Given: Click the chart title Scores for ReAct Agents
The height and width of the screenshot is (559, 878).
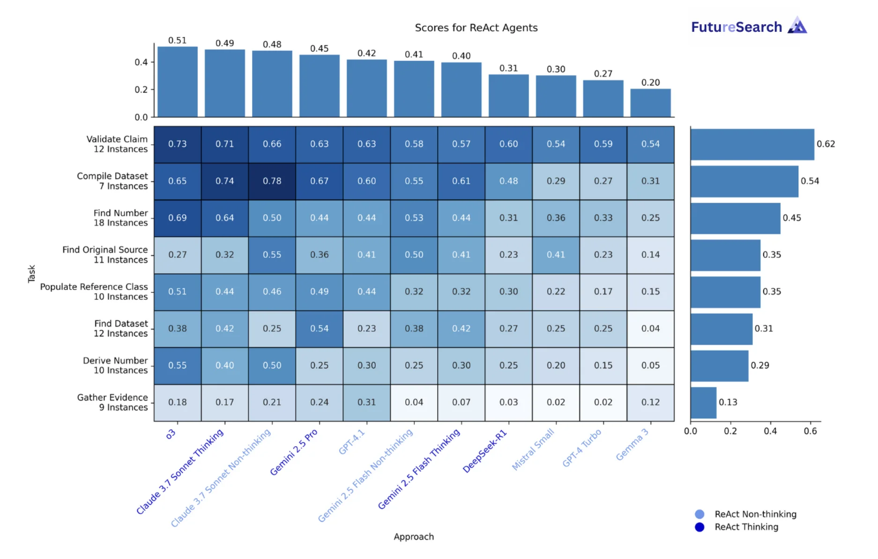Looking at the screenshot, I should [x=476, y=28].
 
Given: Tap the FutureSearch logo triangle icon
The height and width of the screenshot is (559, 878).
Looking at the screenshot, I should [x=797, y=26].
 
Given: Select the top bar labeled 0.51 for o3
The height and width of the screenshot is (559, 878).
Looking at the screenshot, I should [x=178, y=82].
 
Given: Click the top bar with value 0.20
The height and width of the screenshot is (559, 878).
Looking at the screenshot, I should [x=650, y=103].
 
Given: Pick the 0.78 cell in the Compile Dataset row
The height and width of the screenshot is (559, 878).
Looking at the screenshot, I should [x=272, y=181].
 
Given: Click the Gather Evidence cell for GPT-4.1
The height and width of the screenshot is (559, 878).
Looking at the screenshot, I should [x=367, y=403].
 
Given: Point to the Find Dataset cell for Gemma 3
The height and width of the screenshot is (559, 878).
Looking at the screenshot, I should [x=650, y=329].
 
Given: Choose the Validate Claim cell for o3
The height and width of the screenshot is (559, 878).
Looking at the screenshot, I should [x=178, y=144].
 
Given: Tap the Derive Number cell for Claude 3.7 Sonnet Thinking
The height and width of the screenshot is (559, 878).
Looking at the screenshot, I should [x=225, y=366].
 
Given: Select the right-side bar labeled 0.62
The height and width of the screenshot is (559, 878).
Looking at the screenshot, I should [x=752, y=144].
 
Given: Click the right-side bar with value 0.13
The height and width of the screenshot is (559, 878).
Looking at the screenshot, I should [x=703, y=403].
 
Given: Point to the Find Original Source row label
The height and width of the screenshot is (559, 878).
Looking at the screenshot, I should [x=105, y=255].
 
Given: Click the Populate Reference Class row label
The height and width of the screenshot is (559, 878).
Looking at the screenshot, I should [x=94, y=292].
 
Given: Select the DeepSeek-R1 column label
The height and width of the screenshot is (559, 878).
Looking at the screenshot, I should [x=485, y=451].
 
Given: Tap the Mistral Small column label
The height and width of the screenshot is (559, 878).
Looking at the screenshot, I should [x=533, y=449].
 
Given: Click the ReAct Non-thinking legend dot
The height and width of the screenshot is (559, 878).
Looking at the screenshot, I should [x=699, y=514].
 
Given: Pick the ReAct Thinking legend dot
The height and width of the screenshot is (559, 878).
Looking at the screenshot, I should [x=699, y=527].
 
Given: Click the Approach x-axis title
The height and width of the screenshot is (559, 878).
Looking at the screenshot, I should [x=414, y=537].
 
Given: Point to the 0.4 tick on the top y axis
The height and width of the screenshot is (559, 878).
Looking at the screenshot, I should [x=141, y=62].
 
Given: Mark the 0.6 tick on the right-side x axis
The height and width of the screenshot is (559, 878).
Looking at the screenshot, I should [x=810, y=431].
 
